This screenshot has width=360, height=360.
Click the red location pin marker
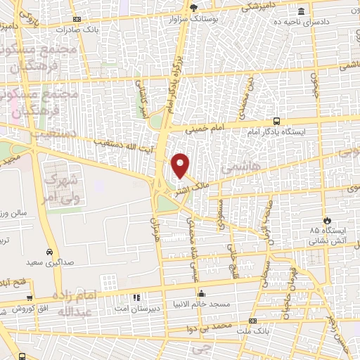181,165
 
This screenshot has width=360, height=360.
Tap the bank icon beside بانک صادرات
76,19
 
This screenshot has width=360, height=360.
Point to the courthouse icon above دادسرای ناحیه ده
302,12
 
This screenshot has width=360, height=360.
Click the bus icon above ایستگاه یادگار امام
276,120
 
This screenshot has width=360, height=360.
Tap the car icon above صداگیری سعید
50,252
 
